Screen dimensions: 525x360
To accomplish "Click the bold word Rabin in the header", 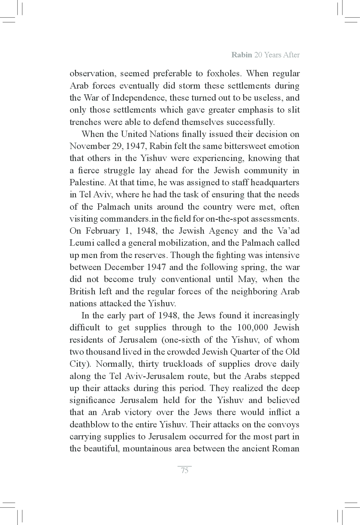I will (241, 55).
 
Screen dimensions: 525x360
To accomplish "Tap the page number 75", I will (185, 470).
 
